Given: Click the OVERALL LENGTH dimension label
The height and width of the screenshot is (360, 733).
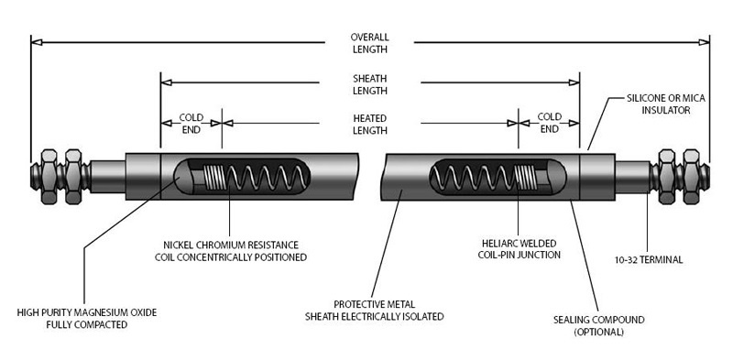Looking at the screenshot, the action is click(370, 43).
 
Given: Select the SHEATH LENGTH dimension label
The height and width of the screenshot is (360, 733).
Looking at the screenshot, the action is click(370, 84).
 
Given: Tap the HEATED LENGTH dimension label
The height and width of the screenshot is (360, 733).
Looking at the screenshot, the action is click(370, 125).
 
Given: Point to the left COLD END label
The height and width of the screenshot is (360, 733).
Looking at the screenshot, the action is click(191, 124).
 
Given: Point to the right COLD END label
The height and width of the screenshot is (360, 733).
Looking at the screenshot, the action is click(549, 123).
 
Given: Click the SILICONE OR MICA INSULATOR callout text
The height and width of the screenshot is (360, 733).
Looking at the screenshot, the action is click(666, 104).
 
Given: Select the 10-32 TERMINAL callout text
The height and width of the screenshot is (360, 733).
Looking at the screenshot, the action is click(649, 260).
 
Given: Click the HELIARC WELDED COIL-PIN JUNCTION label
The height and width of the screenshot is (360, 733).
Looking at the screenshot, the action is click(520, 249).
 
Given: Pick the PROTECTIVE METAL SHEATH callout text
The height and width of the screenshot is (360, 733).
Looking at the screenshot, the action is click(375, 311).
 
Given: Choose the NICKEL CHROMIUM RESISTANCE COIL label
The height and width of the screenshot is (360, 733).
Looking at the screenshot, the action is click(231, 251).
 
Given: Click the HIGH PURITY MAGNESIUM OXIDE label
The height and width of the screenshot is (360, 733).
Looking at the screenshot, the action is click(87, 318).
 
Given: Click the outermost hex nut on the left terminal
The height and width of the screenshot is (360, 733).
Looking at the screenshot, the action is click(49, 176).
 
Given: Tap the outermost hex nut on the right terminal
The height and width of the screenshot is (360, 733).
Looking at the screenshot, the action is click(691, 177).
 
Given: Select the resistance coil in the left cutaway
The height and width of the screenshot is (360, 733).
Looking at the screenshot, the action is click(256, 177).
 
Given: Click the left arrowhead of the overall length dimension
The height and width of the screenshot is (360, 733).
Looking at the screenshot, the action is click(37, 42).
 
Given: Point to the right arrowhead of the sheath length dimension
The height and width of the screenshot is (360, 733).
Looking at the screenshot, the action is click(574, 82).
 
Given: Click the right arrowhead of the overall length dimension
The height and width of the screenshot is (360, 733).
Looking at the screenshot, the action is click(704, 42).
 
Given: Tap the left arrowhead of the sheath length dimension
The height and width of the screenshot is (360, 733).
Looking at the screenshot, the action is click(167, 82).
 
